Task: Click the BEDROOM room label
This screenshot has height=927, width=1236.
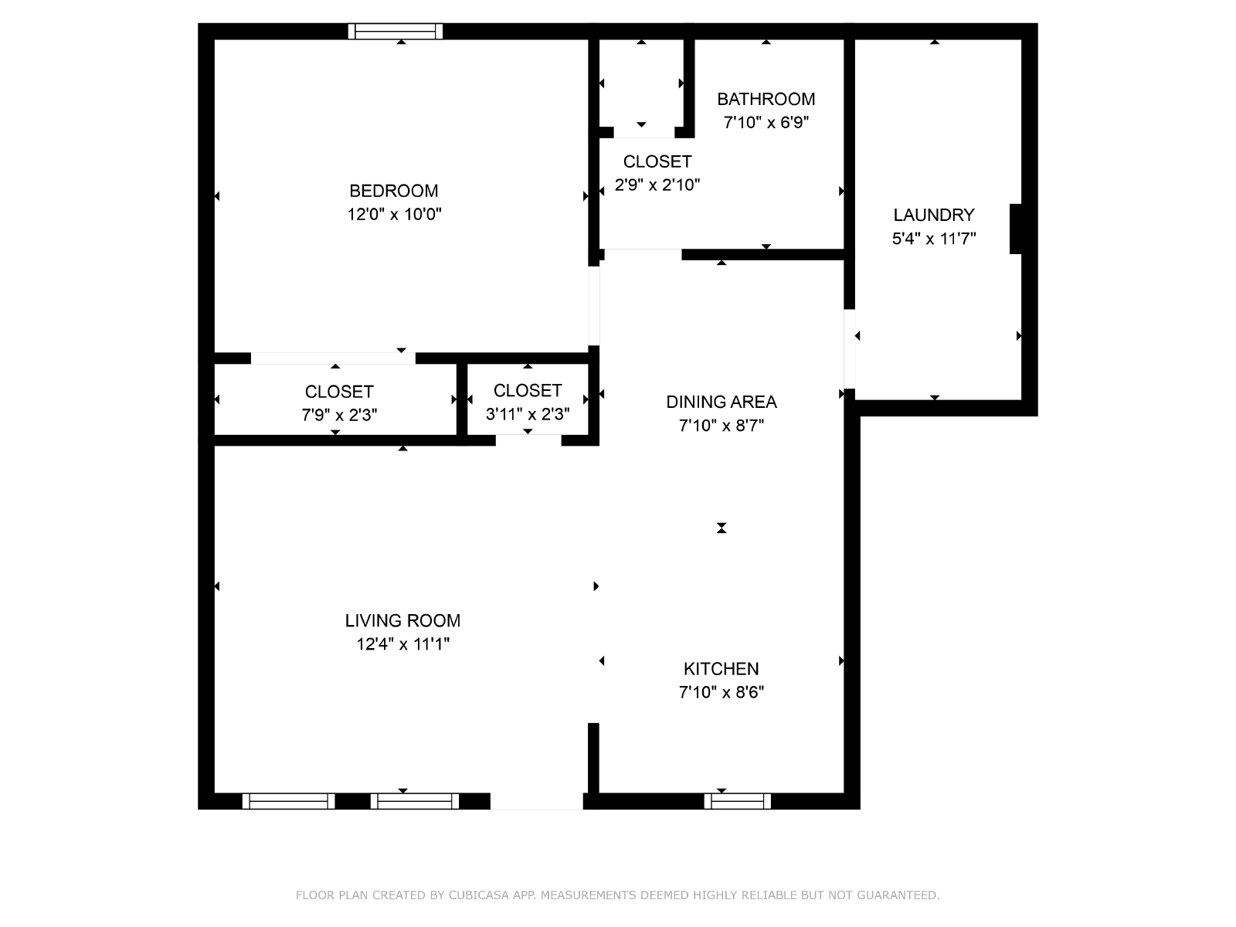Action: (394, 191)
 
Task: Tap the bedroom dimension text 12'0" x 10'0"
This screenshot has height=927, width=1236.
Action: (394, 215)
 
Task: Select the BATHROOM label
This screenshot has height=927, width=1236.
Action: (766, 99)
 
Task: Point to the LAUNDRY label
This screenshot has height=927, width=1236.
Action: (934, 215)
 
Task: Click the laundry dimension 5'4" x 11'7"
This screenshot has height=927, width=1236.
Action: (934, 239)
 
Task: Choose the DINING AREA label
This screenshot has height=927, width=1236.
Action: (722, 402)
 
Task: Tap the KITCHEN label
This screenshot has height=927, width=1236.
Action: (722, 669)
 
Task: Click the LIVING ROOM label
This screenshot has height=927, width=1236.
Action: (402, 620)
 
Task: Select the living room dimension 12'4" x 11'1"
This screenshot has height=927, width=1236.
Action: (402, 644)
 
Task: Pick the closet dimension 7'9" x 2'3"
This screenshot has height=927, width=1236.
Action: (339, 415)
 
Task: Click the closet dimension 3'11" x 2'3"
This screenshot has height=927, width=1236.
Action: (528, 414)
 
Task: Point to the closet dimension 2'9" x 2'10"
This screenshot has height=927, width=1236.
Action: (657, 185)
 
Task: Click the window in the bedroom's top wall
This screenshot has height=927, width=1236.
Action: (396, 32)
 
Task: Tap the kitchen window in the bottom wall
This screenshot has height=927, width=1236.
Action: (738, 801)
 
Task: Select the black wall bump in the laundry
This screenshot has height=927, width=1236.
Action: (1015, 229)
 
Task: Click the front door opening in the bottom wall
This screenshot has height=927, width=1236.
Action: (537, 802)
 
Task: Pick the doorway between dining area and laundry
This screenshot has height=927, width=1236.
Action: (849, 349)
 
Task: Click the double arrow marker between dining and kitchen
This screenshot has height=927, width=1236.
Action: (722, 528)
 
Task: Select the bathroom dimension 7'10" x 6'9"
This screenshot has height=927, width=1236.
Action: (766, 122)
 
